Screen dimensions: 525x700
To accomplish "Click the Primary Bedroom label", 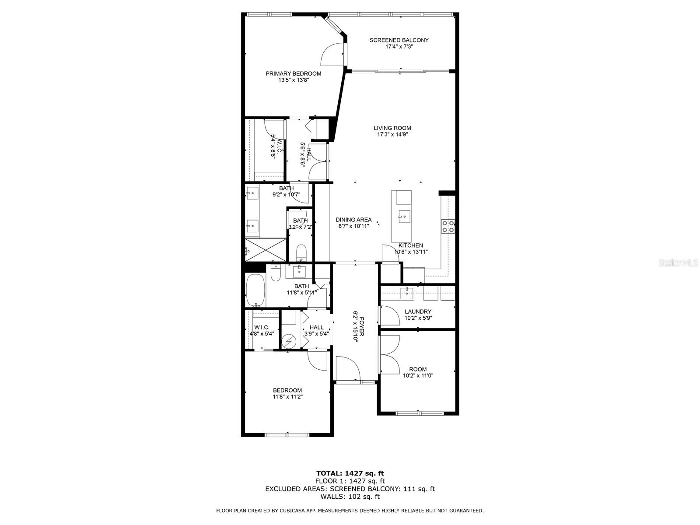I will pos(293,73).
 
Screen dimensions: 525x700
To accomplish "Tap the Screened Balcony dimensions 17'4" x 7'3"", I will pos(399,46).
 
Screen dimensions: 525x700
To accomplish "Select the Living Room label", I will pos(392,128).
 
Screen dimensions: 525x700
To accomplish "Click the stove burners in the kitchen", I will pos(448,226).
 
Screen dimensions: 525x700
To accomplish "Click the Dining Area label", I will pos(353,220).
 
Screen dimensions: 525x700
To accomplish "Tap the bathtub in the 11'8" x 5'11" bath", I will pos(255,290).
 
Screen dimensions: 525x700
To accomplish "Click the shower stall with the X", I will pos(265,250).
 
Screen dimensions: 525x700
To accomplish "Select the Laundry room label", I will pos(418,311).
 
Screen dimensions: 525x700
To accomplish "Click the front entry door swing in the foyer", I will pos(347,368).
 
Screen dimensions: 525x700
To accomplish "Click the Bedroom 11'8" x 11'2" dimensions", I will pos(287,397).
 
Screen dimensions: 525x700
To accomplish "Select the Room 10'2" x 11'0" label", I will pos(418,369).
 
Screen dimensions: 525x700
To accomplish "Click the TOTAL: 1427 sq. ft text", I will pos(350,473).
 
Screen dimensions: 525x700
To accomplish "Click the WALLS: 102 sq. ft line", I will pos(350,497).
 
